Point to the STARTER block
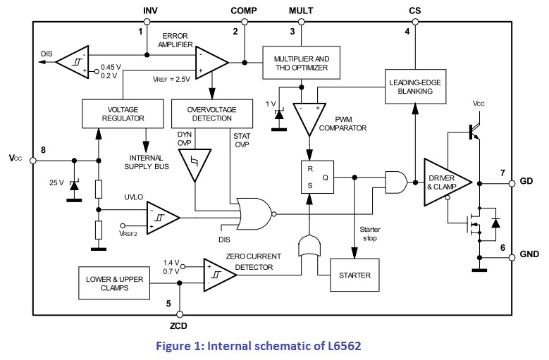coord(354,275)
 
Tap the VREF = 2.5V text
coord(171,80)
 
